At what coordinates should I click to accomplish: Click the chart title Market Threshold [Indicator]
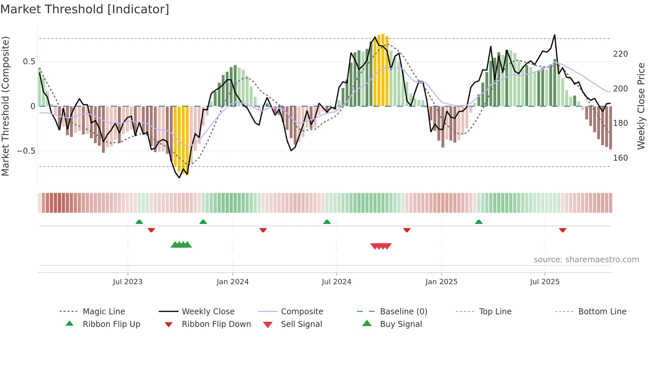click(85, 9)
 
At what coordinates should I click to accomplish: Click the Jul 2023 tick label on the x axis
click(127, 282)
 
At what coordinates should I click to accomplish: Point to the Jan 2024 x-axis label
click(232, 282)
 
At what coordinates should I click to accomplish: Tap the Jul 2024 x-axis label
click(336, 282)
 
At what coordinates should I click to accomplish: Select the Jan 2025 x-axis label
click(441, 282)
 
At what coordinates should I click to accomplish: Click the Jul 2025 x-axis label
click(545, 282)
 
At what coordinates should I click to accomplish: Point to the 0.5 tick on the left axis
click(29, 62)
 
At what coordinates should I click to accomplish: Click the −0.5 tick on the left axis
click(26, 151)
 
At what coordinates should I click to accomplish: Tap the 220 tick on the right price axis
click(620, 54)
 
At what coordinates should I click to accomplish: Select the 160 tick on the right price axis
click(620, 158)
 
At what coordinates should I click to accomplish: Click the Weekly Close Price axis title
click(641, 106)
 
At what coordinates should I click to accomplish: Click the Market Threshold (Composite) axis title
click(5, 106)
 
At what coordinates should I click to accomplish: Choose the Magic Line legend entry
click(104, 312)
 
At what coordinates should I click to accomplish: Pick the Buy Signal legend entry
click(401, 324)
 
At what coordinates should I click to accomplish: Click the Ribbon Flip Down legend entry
click(216, 324)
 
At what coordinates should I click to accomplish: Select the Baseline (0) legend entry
click(403, 312)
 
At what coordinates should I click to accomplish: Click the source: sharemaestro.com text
click(586, 260)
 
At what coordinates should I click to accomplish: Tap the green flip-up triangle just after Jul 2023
click(139, 222)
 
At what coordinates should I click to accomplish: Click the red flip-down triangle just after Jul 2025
click(563, 230)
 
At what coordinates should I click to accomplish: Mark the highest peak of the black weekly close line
click(555, 35)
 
